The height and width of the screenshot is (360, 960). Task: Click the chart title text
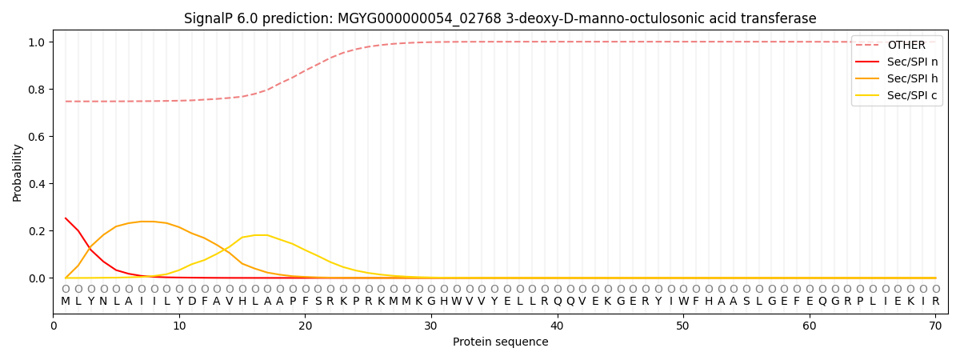coord(500,18)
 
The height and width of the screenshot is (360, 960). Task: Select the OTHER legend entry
coord(906,46)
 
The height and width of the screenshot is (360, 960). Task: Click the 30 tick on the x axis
coord(431,326)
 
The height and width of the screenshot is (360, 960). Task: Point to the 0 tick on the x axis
coord(54,326)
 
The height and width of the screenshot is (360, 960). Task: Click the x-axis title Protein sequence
coord(500,342)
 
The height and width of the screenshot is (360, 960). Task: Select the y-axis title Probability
coord(18,173)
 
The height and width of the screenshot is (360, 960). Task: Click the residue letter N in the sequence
coord(103,302)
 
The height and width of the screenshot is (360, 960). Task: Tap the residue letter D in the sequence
coord(191,302)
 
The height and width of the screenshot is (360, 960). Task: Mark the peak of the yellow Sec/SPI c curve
coord(261,235)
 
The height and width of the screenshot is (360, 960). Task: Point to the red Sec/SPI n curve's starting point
coord(66,218)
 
